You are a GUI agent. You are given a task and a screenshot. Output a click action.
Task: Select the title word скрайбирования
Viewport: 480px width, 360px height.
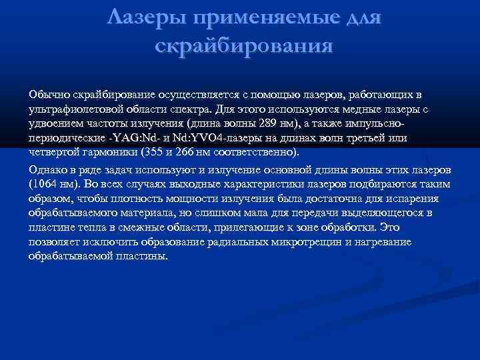click(x=243, y=47)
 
